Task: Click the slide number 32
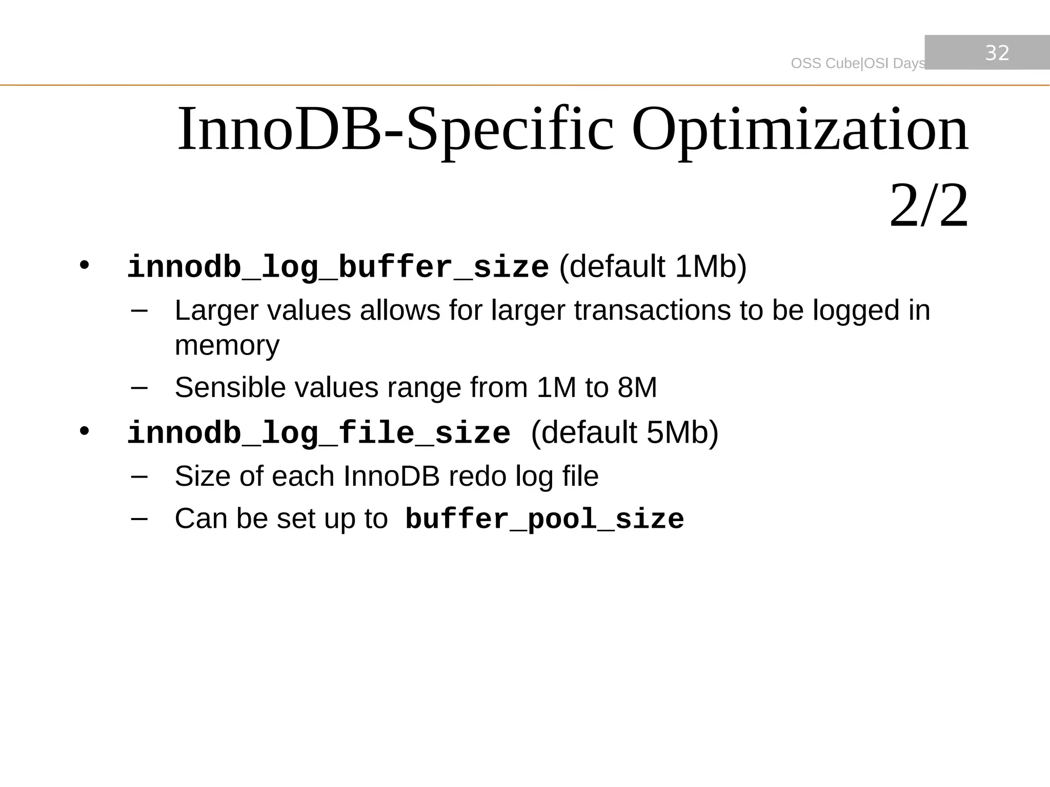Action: click(x=997, y=53)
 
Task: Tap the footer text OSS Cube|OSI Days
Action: click(x=858, y=63)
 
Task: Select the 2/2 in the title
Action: click(x=928, y=206)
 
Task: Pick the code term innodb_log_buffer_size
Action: click(x=338, y=267)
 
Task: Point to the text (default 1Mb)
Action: click(x=653, y=266)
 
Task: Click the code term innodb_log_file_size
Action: click(x=318, y=433)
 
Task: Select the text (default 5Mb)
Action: click(x=624, y=432)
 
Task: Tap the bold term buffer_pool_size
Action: click(x=544, y=519)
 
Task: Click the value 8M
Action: click(x=637, y=387)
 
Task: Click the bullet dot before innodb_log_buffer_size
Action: click(x=84, y=266)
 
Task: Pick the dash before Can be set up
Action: click(x=139, y=518)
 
